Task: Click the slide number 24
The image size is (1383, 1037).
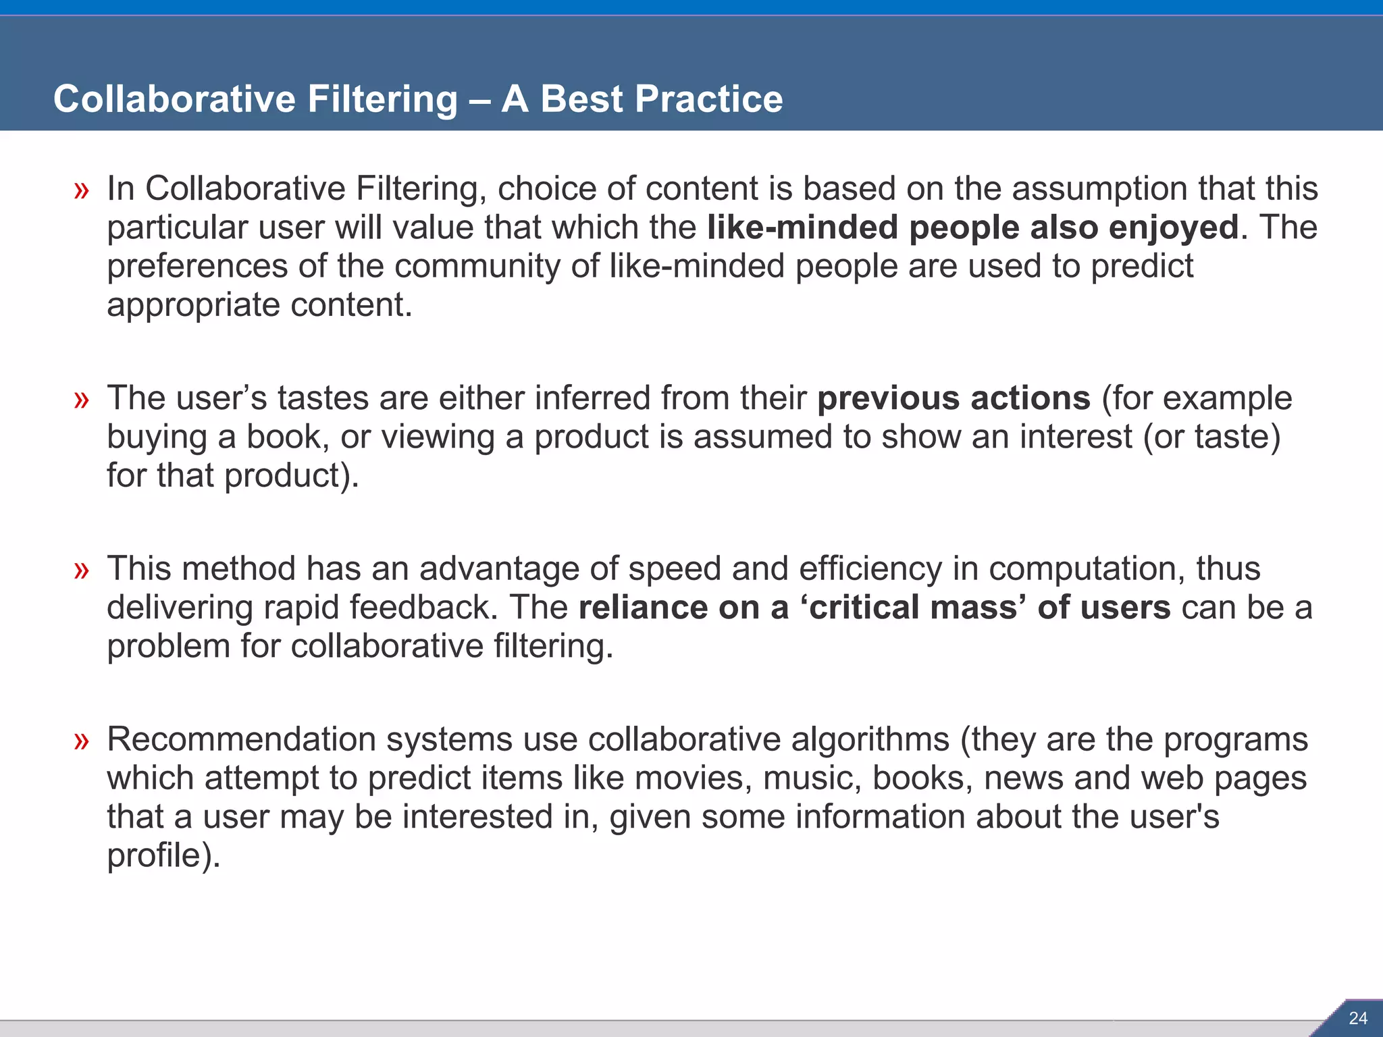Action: coord(1357,1018)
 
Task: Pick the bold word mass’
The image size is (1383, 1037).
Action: coord(978,608)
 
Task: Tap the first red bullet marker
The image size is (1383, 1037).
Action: coord(82,190)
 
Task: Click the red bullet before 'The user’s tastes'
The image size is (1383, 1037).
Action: coord(82,400)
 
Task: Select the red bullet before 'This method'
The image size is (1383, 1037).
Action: coord(82,570)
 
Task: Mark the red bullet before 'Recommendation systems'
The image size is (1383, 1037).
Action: coord(82,741)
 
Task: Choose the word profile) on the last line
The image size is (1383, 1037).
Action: coord(163,856)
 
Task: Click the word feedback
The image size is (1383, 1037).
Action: coord(423,608)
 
